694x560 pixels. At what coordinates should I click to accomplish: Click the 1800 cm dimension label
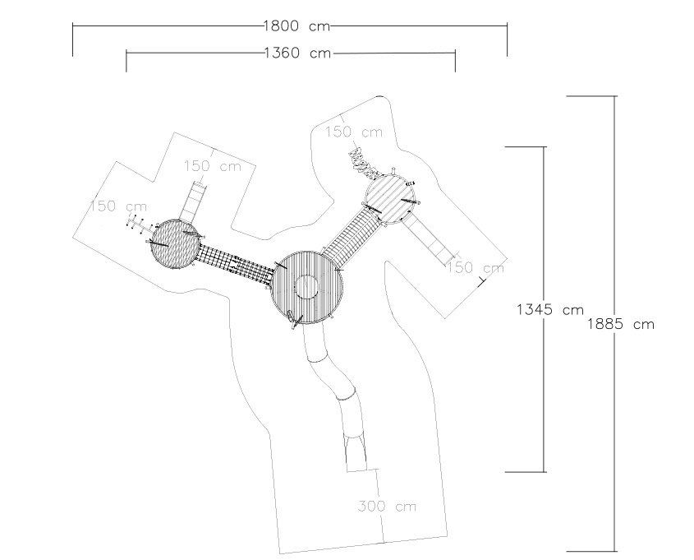(297, 25)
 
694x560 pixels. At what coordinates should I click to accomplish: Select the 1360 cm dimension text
(298, 53)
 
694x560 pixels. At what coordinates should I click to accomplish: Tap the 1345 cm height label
(550, 309)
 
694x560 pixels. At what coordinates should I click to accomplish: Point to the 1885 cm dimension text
(621, 324)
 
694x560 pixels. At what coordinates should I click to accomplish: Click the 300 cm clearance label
(387, 506)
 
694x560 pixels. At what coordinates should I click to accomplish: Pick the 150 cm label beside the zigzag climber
(354, 132)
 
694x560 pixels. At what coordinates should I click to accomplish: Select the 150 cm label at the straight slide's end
(475, 267)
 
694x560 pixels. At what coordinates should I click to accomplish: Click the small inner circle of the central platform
(306, 287)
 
